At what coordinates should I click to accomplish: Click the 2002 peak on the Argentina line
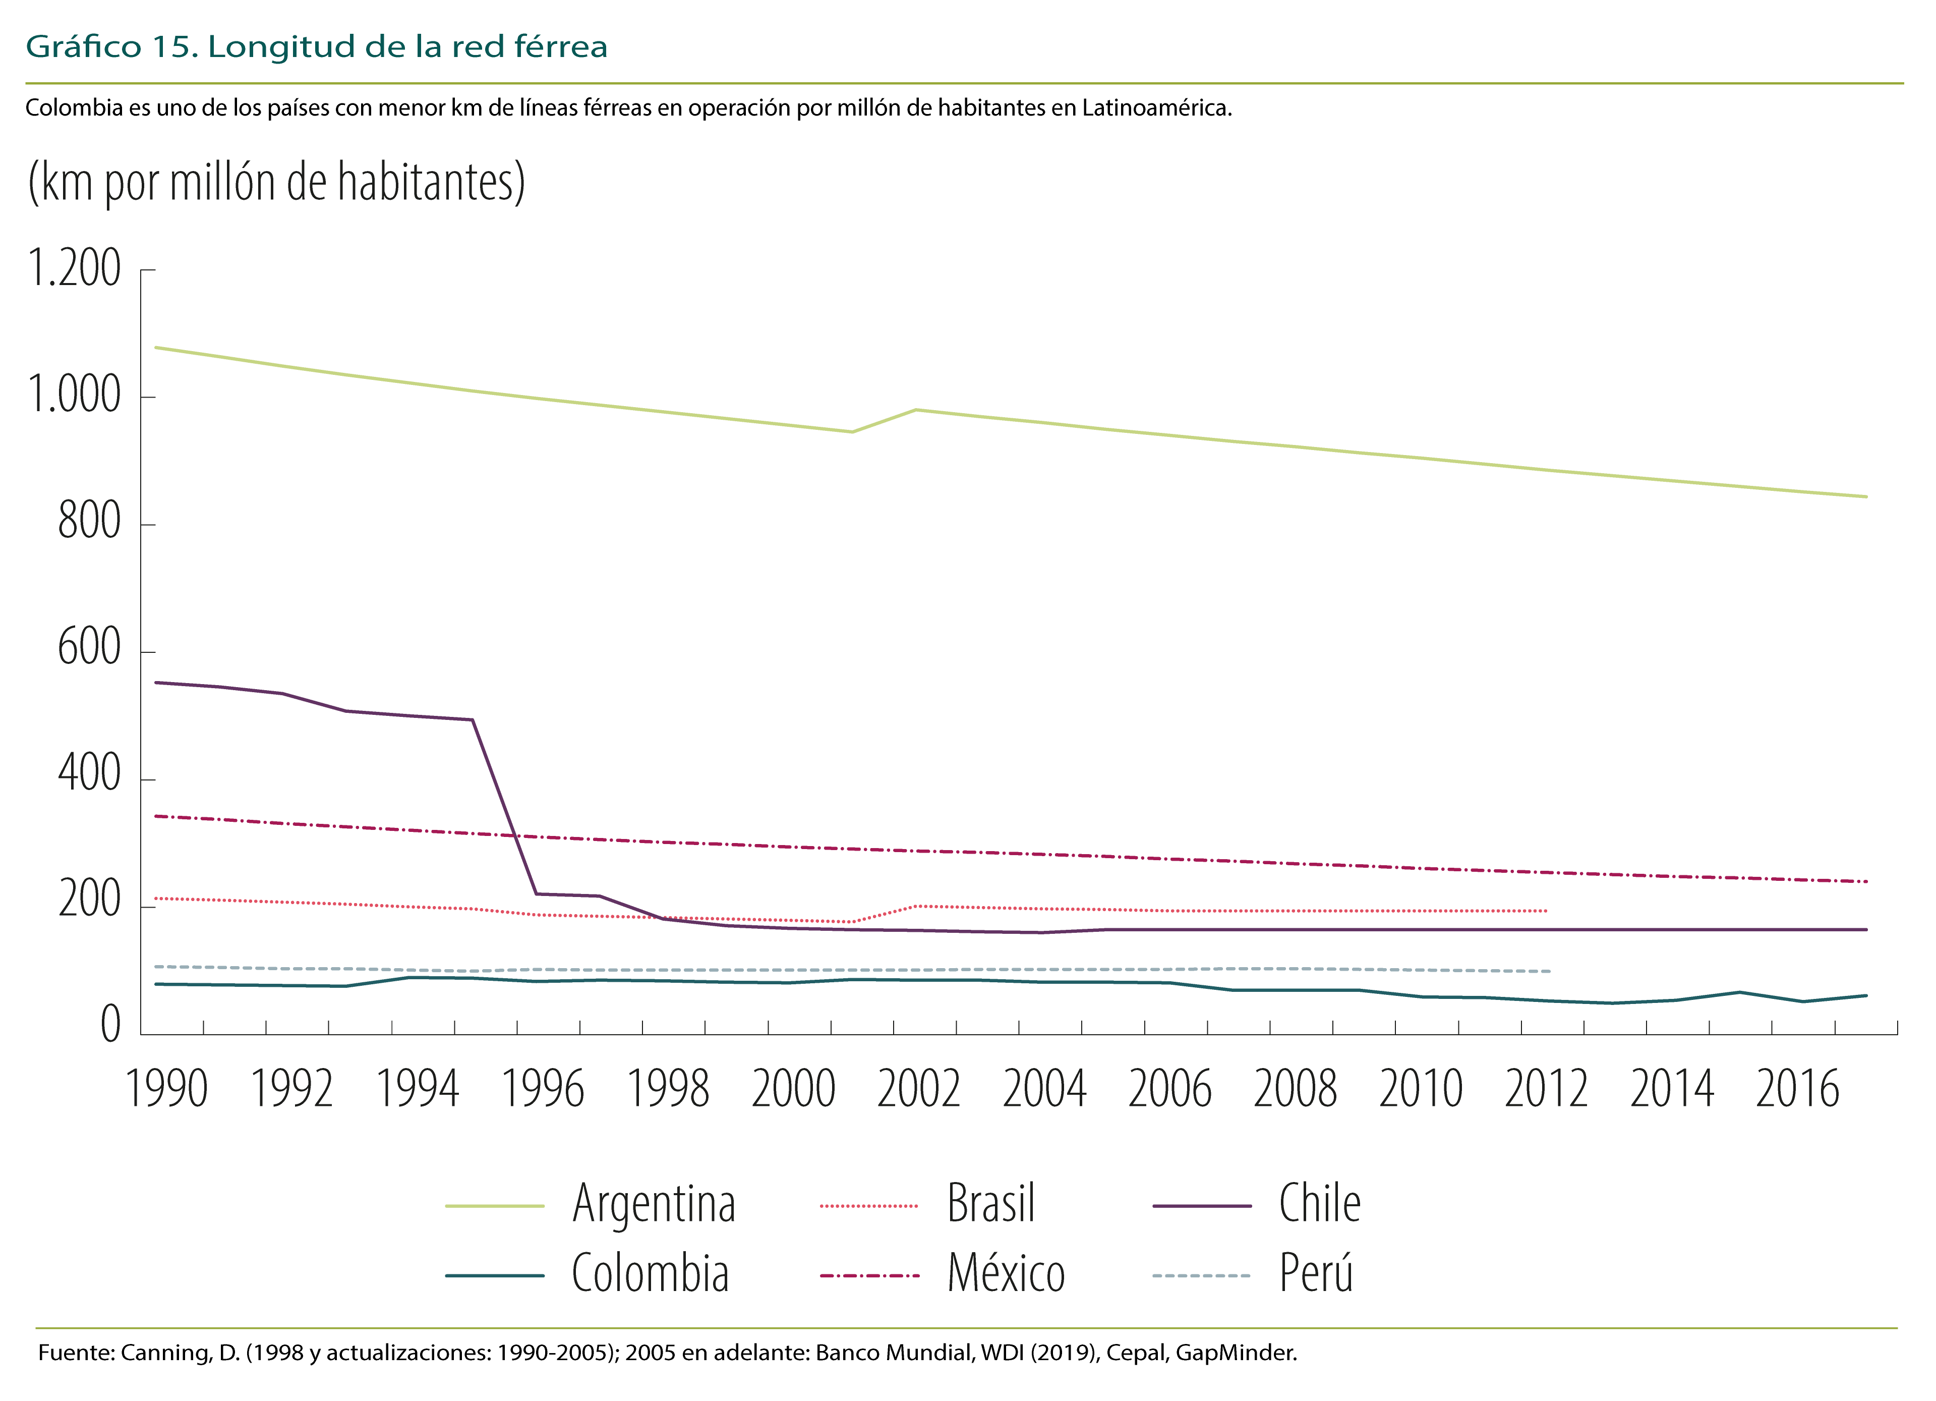click(916, 410)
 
